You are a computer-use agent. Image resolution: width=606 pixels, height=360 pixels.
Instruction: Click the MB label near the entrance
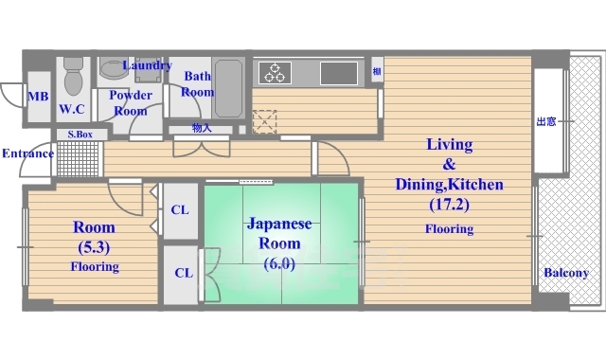[x=38, y=97]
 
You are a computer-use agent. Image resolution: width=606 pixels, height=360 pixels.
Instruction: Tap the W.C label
[x=72, y=110]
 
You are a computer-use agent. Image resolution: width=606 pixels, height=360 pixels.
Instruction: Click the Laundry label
[x=147, y=65]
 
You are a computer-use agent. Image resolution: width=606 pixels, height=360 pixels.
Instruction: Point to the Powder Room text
[x=130, y=102]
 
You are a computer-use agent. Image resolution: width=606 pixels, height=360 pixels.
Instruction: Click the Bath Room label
[x=198, y=84]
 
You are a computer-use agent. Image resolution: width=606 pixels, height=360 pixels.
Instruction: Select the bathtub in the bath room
[x=228, y=87]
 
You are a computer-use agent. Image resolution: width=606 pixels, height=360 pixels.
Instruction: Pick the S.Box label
[x=80, y=135]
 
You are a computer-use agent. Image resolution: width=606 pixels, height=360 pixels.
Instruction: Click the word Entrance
[x=27, y=153]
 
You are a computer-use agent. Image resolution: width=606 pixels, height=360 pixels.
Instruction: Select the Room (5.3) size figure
[x=94, y=247]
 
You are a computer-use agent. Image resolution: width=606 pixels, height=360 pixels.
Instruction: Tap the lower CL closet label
[x=183, y=273]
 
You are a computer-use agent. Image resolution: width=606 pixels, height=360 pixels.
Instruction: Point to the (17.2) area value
[x=449, y=203]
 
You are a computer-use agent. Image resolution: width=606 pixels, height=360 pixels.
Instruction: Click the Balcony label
[x=565, y=273]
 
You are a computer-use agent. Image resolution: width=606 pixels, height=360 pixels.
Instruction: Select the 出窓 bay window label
[x=546, y=121]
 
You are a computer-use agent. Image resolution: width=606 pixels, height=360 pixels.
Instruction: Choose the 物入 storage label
[x=202, y=128]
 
